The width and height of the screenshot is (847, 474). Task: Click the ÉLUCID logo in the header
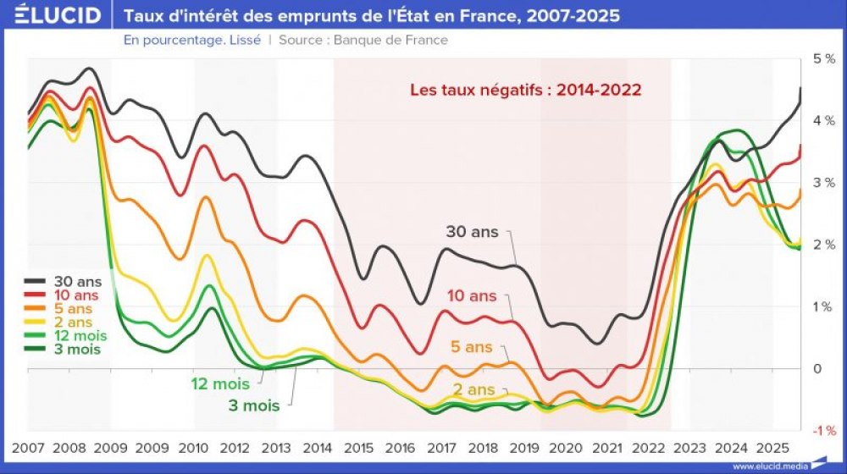click(x=53, y=15)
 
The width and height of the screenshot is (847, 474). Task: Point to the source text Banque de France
click(x=390, y=40)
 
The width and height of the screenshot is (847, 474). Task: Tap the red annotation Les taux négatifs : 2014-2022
click(x=525, y=89)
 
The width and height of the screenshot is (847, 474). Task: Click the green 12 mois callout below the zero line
click(x=220, y=384)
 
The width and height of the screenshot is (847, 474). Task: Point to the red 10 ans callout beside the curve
click(x=472, y=296)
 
